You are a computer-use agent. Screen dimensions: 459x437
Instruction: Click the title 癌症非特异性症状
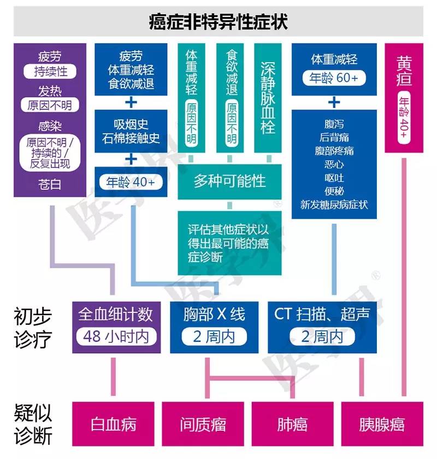(218, 22)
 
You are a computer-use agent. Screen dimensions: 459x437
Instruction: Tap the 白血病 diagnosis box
(114, 424)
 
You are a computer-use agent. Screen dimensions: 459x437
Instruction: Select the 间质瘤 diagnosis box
(203, 424)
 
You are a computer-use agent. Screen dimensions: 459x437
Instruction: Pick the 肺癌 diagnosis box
(292, 424)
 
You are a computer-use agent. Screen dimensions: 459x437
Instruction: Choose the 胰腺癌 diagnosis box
(382, 424)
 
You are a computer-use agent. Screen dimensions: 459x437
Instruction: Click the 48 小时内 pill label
(115, 336)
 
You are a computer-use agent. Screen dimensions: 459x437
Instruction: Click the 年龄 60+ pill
(334, 78)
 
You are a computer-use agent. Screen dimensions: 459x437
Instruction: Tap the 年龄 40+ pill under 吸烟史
(132, 182)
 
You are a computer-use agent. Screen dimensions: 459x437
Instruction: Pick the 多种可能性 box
(229, 182)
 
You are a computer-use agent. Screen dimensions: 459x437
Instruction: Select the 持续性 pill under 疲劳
(50, 71)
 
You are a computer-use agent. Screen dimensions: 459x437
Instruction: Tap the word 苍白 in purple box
(50, 184)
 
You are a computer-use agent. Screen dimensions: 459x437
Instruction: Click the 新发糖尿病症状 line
(334, 204)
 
